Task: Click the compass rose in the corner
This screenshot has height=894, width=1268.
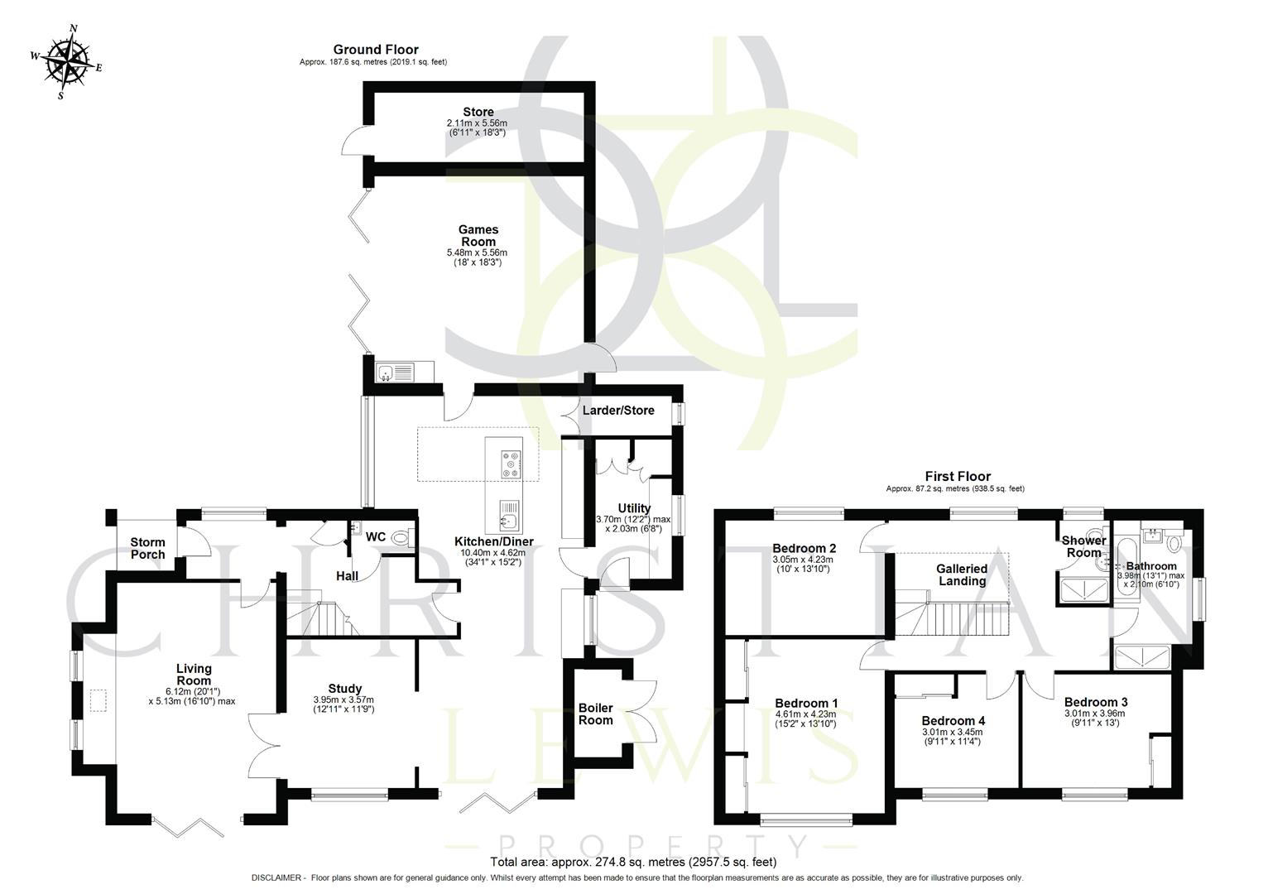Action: pyautogui.click(x=67, y=61)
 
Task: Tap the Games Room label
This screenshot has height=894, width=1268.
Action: pyautogui.click(x=478, y=236)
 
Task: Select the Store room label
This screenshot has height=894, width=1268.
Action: pyautogui.click(x=478, y=112)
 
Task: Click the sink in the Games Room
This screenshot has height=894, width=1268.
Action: pyautogui.click(x=396, y=372)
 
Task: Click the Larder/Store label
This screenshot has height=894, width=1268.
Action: pyautogui.click(x=618, y=411)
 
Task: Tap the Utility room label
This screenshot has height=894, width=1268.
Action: pyautogui.click(x=634, y=508)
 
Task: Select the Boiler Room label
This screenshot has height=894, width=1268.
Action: pyautogui.click(x=596, y=714)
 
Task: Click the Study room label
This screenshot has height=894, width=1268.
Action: pyautogui.click(x=344, y=688)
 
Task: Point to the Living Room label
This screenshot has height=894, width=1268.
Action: pyautogui.click(x=195, y=675)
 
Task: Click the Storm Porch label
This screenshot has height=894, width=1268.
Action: pyautogui.click(x=147, y=549)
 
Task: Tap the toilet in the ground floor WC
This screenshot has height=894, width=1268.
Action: pyautogui.click(x=402, y=538)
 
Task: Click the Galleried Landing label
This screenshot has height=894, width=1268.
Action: pyautogui.click(x=962, y=574)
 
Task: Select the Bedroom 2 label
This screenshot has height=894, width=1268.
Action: pyautogui.click(x=804, y=548)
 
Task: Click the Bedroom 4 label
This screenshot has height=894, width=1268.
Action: pyautogui.click(x=953, y=720)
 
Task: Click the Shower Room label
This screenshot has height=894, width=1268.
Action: pyautogui.click(x=1083, y=546)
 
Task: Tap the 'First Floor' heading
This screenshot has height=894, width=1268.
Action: pyautogui.click(x=958, y=476)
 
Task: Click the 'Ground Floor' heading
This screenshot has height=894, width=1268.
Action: pyautogui.click(x=376, y=50)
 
